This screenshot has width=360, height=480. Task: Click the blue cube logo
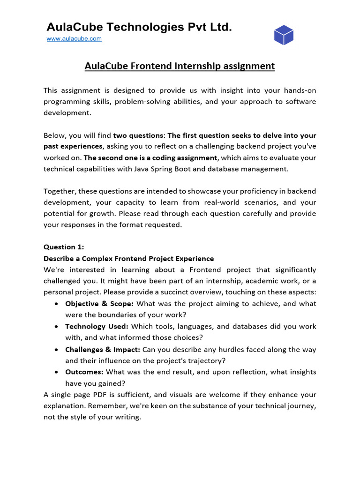tap(284, 35)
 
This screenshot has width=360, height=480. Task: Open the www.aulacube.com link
tap(74, 39)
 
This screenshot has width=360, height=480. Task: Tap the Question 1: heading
tap(60, 247)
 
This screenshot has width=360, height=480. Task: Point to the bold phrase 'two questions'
tap(135, 135)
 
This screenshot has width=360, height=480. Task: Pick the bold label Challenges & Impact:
tap(103, 349)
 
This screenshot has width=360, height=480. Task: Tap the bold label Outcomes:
tap(84, 372)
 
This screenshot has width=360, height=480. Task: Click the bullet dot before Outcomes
tap(56, 372)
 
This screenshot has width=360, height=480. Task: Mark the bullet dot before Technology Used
tap(56, 326)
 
